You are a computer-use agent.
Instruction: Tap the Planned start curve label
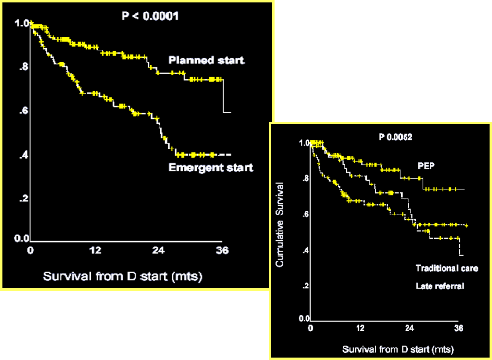coord(206,61)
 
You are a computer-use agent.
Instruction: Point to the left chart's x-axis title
coord(123,276)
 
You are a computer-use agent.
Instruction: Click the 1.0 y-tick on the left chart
coord(21,23)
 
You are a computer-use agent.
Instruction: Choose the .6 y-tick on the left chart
coord(23,111)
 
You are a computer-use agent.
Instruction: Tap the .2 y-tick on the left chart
coord(23,199)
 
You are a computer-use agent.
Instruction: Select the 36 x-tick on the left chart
coord(222,250)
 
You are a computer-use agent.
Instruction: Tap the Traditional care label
coord(446,268)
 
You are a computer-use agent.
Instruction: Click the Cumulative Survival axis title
coord(280,225)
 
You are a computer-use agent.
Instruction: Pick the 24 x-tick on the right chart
coord(409,329)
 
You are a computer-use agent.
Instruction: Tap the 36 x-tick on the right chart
coord(458,329)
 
